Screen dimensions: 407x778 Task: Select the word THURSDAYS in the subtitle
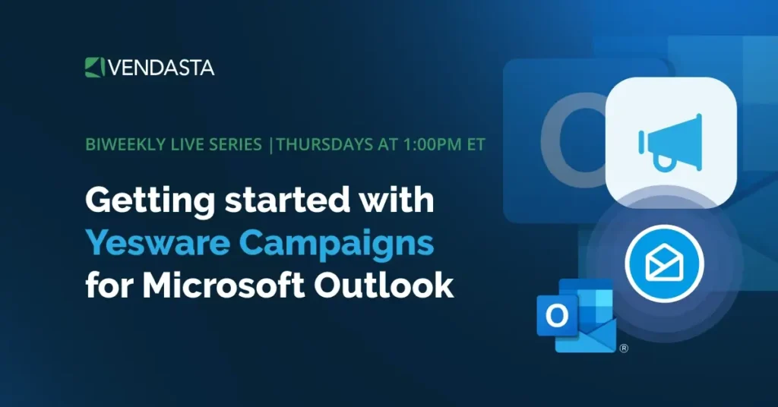tap(318, 145)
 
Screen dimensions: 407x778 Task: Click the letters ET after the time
tap(475, 145)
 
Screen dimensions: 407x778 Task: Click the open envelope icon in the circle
tap(663, 263)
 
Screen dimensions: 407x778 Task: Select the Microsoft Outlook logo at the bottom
tap(576, 315)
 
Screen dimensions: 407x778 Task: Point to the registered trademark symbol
tap(624, 349)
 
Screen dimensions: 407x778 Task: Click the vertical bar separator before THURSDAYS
tap(272, 145)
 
